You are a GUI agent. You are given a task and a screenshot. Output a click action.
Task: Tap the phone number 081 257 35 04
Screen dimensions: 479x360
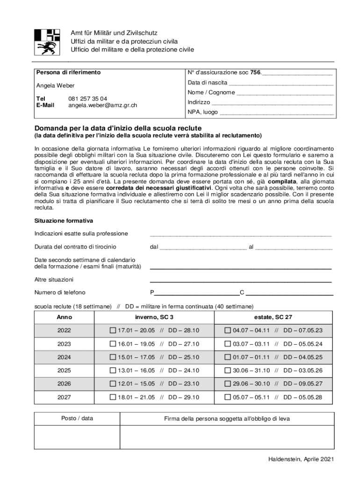[87, 99]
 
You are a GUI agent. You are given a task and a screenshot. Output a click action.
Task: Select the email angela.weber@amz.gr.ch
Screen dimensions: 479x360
[102, 105]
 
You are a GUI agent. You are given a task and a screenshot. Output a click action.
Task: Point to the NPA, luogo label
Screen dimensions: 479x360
[202, 112]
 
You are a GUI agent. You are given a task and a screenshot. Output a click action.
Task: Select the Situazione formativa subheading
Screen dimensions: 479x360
[64, 220]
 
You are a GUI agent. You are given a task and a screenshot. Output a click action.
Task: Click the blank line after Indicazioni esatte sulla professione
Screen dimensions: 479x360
[240, 234]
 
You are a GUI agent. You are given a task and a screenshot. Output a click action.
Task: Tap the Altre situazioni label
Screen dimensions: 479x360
[54, 280]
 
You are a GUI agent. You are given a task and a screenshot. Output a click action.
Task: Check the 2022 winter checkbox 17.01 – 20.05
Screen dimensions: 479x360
[113, 330]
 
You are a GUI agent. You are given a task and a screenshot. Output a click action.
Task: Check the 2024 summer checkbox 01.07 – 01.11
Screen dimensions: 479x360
[228, 357]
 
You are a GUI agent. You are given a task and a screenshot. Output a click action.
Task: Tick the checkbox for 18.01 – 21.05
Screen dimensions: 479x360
[113, 397]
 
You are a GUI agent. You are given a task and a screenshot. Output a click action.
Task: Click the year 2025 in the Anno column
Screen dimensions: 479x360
[64, 370]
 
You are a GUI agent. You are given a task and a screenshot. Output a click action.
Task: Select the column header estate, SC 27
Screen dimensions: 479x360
[274, 317]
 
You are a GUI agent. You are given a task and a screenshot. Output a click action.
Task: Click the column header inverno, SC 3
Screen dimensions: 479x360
[154, 317]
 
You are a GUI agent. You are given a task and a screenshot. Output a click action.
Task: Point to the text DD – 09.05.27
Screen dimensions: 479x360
[302, 384]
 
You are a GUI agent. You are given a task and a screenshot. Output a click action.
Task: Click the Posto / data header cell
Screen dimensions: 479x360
[77, 419]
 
